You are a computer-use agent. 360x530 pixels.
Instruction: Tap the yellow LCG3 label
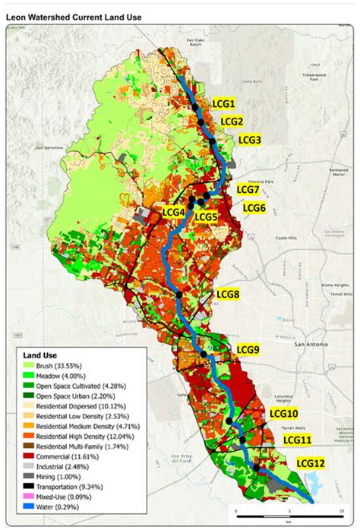pyautogui.click(x=250, y=140)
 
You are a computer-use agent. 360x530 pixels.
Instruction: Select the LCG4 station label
pyautogui.click(x=174, y=211)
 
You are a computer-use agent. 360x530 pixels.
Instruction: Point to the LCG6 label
pyautogui.click(x=254, y=207)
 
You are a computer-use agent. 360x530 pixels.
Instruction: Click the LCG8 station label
pyautogui.click(x=228, y=294)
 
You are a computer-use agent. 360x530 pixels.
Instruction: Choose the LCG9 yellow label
pyautogui.click(x=248, y=349)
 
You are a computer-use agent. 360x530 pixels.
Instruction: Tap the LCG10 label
pyautogui.click(x=283, y=413)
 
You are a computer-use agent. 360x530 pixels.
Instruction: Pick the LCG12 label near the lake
pyautogui.click(x=311, y=463)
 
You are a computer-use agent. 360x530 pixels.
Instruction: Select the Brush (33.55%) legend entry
pyautogui.click(x=61, y=366)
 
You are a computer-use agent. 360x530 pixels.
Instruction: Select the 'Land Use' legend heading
pyautogui.click(x=37, y=355)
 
